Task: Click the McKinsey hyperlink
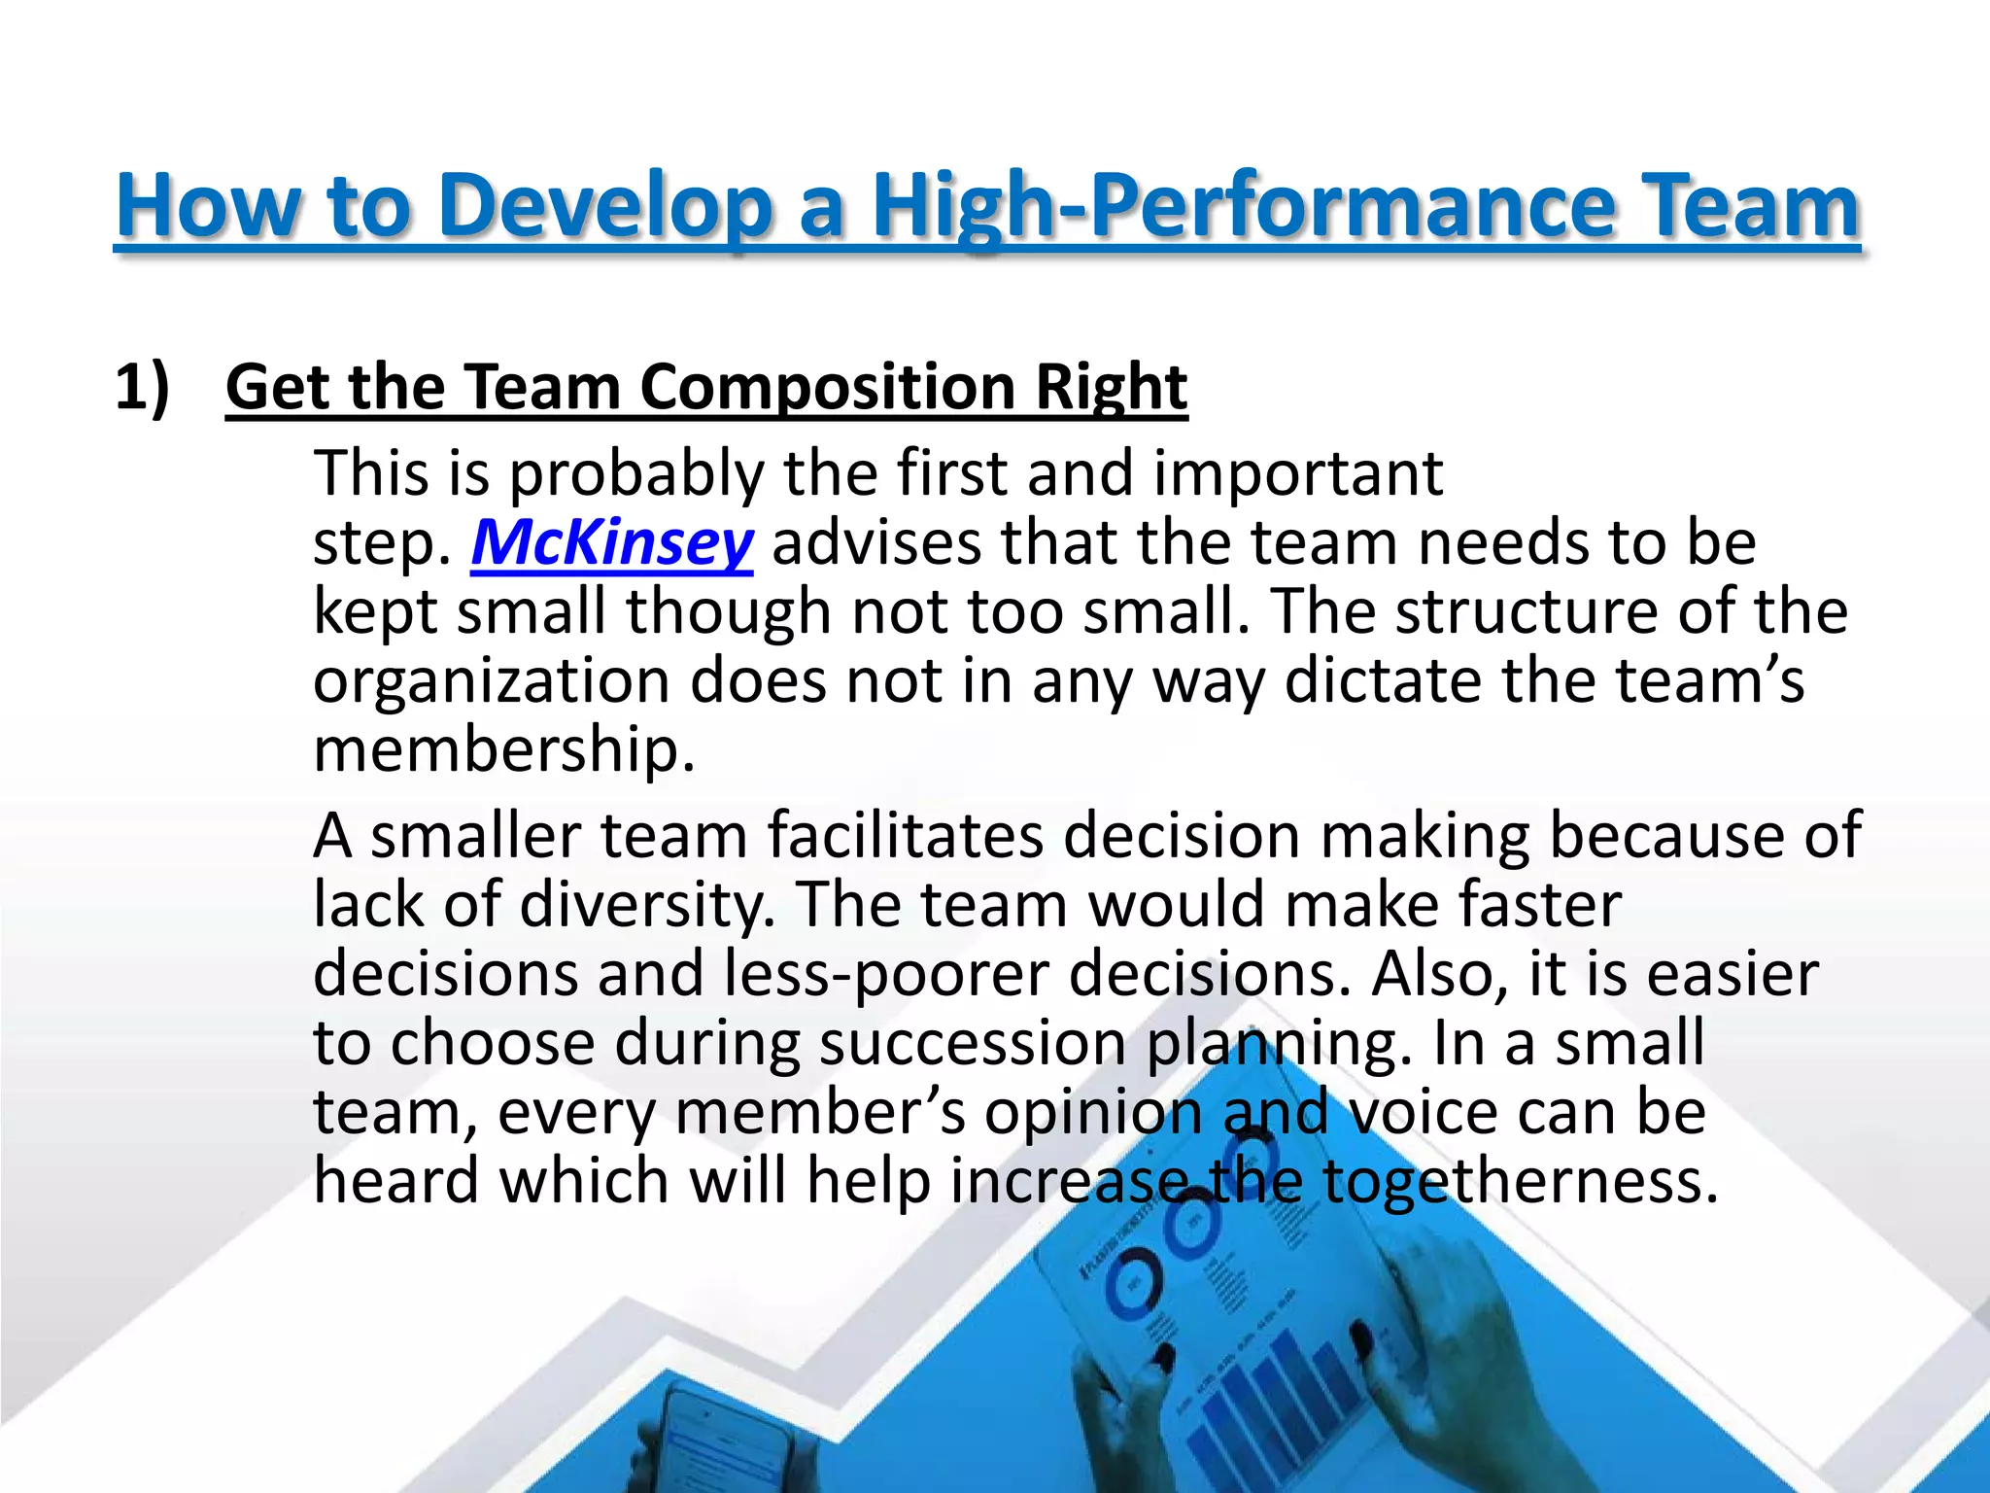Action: click(611, 542)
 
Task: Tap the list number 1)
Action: click(142, 387)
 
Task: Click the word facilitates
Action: click(905, 836)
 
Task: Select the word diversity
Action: click(646, 905)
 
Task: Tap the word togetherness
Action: click(1520, 1181)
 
